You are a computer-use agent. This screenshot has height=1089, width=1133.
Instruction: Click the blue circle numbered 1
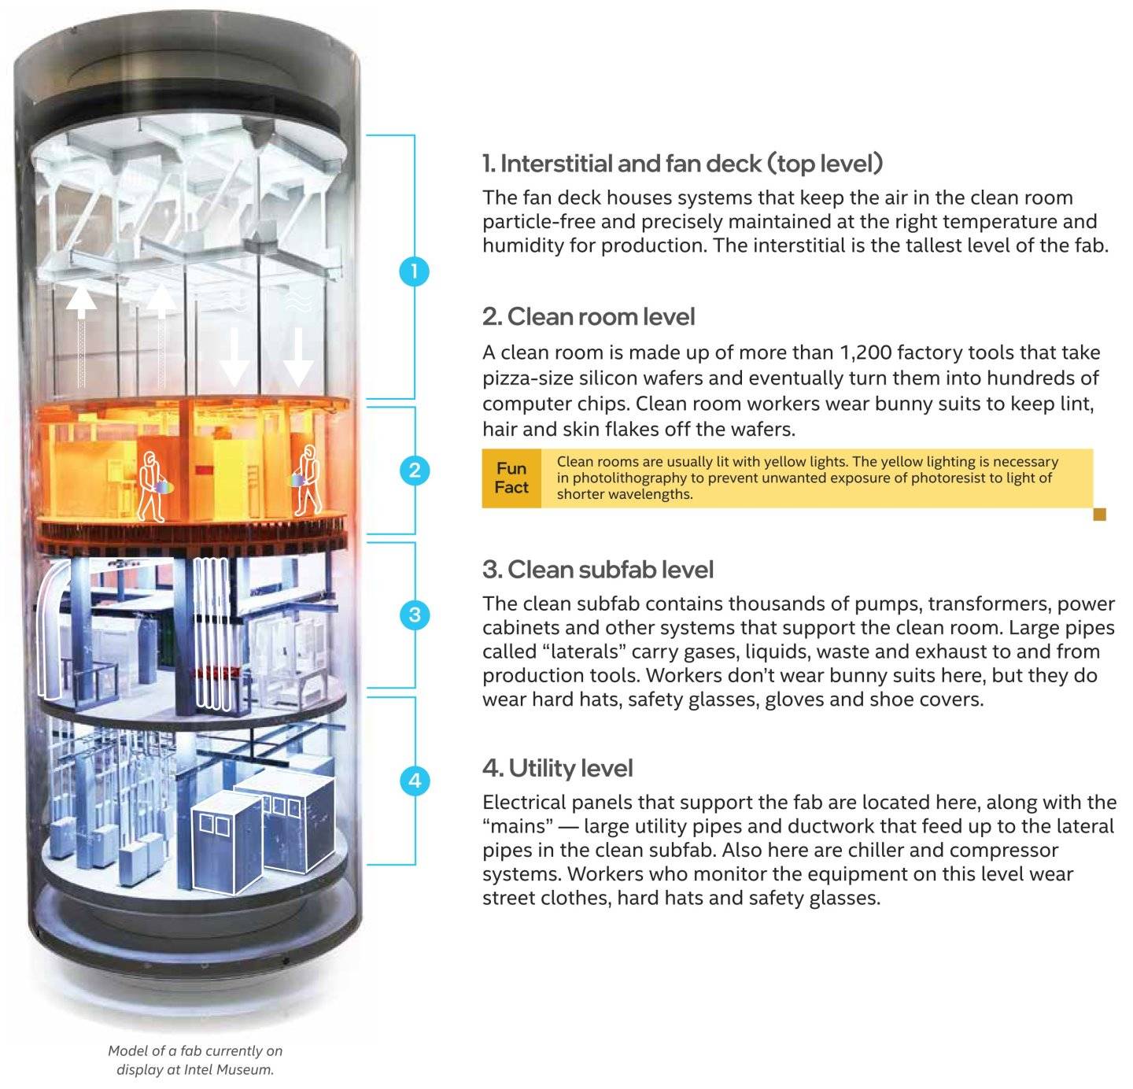coord(414,272)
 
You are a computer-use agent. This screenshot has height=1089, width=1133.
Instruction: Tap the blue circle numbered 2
coord(415,471)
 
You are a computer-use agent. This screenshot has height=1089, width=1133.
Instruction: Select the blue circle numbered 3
coord(415,615)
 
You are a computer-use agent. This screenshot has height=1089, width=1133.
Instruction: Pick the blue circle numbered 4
coord(415,781)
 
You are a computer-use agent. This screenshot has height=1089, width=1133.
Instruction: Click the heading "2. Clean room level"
coord(589,317)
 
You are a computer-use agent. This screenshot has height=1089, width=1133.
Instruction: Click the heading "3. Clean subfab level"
coord(598,570)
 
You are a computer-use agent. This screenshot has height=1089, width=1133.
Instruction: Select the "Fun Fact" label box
coord(511,478)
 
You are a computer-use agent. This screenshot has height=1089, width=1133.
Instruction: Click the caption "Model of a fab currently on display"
coord(195,1050)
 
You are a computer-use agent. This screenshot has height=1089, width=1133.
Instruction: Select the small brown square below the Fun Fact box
coord(1100,515)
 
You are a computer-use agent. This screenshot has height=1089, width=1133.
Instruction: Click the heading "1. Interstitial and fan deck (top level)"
coord(683,164)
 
